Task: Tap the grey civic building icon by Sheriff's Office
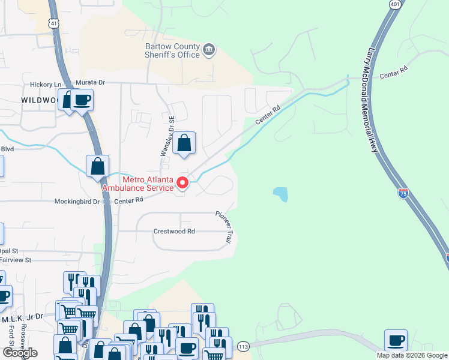point(209,49)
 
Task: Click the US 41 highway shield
point(55,23)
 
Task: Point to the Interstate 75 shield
point(404,193)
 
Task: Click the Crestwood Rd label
point(175,231)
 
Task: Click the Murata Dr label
point(89,82)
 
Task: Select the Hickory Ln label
point(50,85)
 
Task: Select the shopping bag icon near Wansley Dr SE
point(185,143)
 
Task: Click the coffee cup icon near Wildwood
point(82,100)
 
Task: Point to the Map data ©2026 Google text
point(412,355)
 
